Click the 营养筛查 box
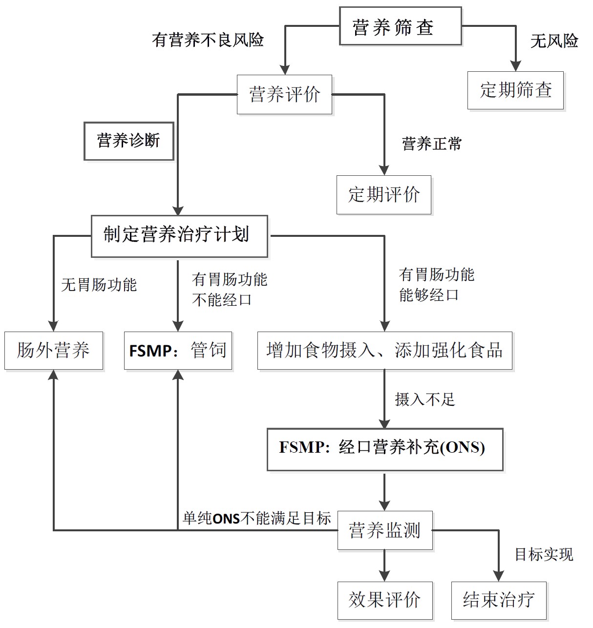[x=400, y=26]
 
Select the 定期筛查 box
[x=515, y=90]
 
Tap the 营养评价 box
[x=284, y=94]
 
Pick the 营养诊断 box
[x=128, y=141]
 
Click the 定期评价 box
[x=383, y=194]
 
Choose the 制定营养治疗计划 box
[x=179, y=236]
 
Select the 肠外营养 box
[x=54, y=351]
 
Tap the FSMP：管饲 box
[x=178, y=351]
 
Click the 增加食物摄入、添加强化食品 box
[x=384, y=351]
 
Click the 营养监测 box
[x=384, y=530]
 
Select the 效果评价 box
[x=384, y=600]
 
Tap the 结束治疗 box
[x=499, y=600]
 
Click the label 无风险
[x=554, y=41]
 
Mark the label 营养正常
[x=431, y=144]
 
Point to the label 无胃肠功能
[x=99, y=285]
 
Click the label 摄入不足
[x=424, y=400]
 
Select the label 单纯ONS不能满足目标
[x=256, y=518]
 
